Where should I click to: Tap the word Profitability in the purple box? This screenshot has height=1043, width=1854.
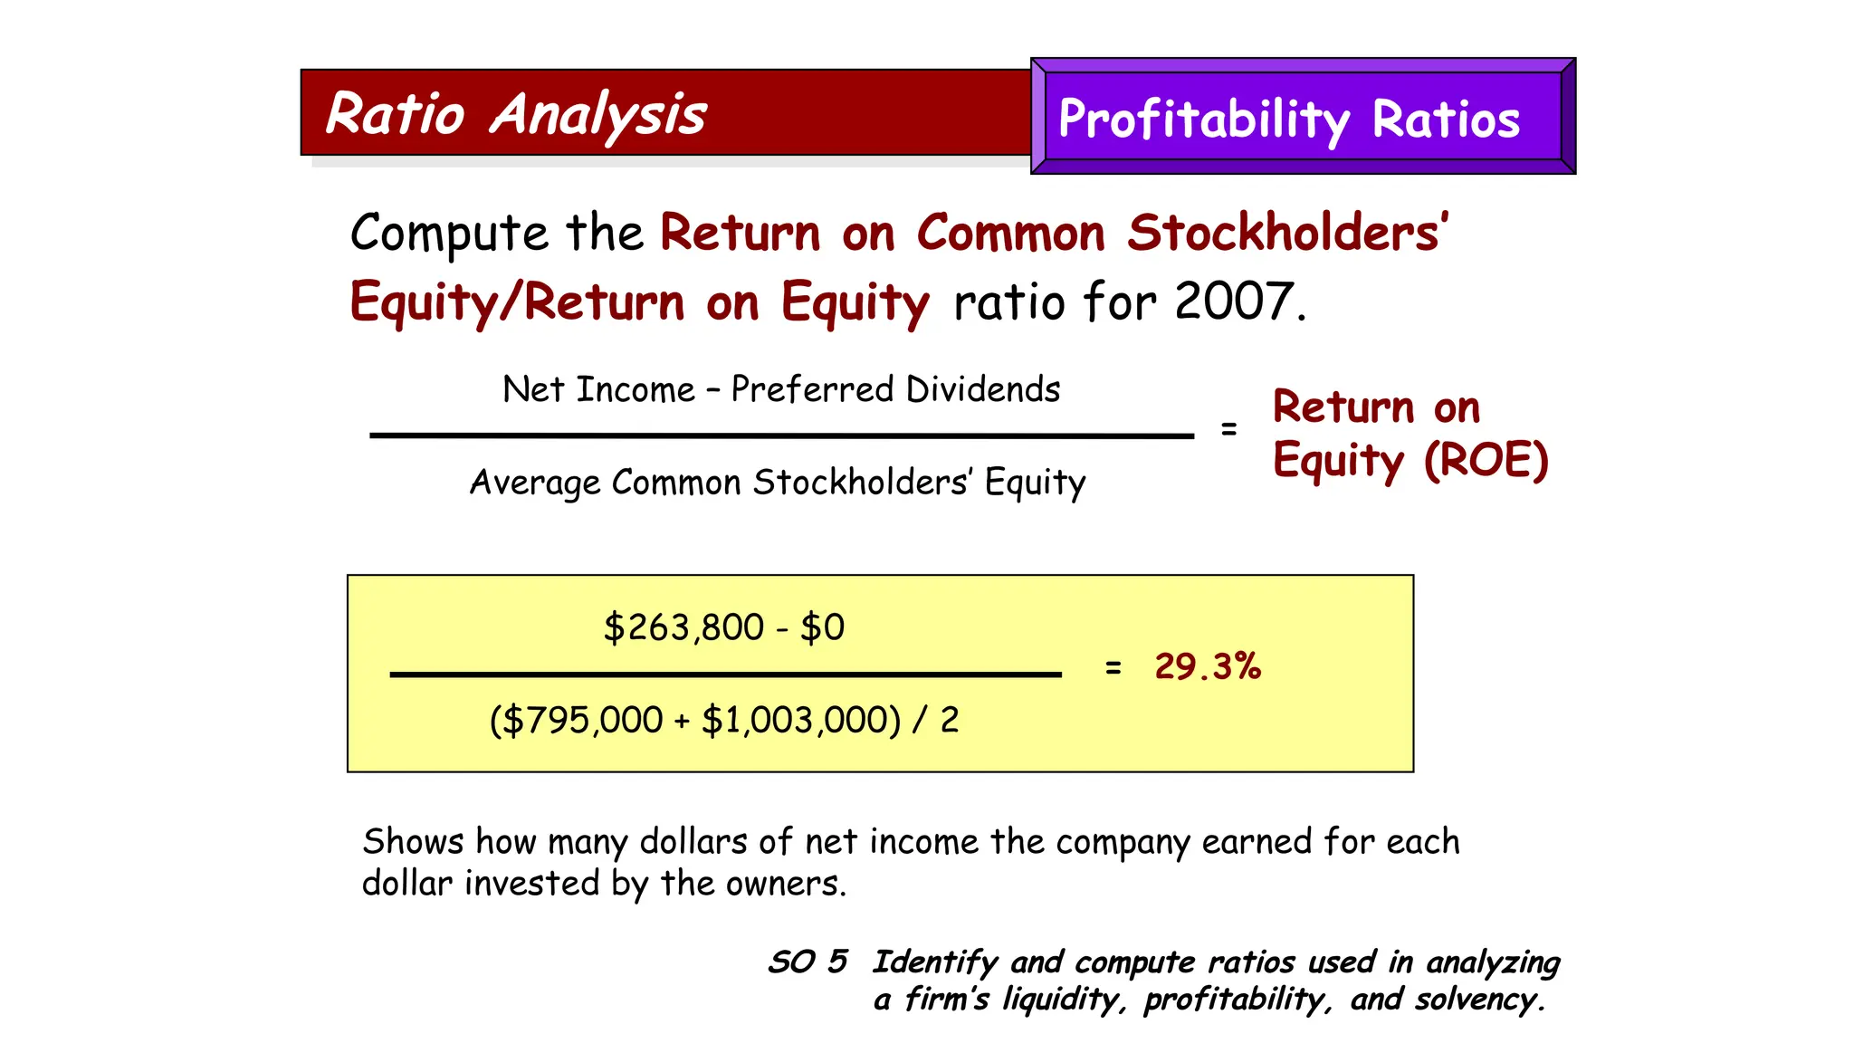click(x=1204, y=120)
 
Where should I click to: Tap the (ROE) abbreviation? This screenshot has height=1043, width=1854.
click(x=1486, y=460)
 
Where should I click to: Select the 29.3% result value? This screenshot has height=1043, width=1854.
click(x=1208, y=667)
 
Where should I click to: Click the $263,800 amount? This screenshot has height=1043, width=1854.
click(x=683, y=627)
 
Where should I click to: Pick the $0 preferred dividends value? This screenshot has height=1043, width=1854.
click(x=822, y=627)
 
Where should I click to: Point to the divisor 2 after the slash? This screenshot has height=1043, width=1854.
click(x=950, y=721)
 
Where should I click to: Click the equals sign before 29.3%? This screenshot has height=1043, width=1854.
click(x=1113, y=668)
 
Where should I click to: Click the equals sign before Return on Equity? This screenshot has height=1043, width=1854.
click(x=1228, y=429)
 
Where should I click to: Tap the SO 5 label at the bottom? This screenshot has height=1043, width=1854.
click(x=808, y=962)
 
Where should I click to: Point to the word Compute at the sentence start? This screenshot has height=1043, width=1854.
click(x=449, y=234)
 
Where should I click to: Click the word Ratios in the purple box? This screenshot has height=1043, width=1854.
click(x=1446, y=120)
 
